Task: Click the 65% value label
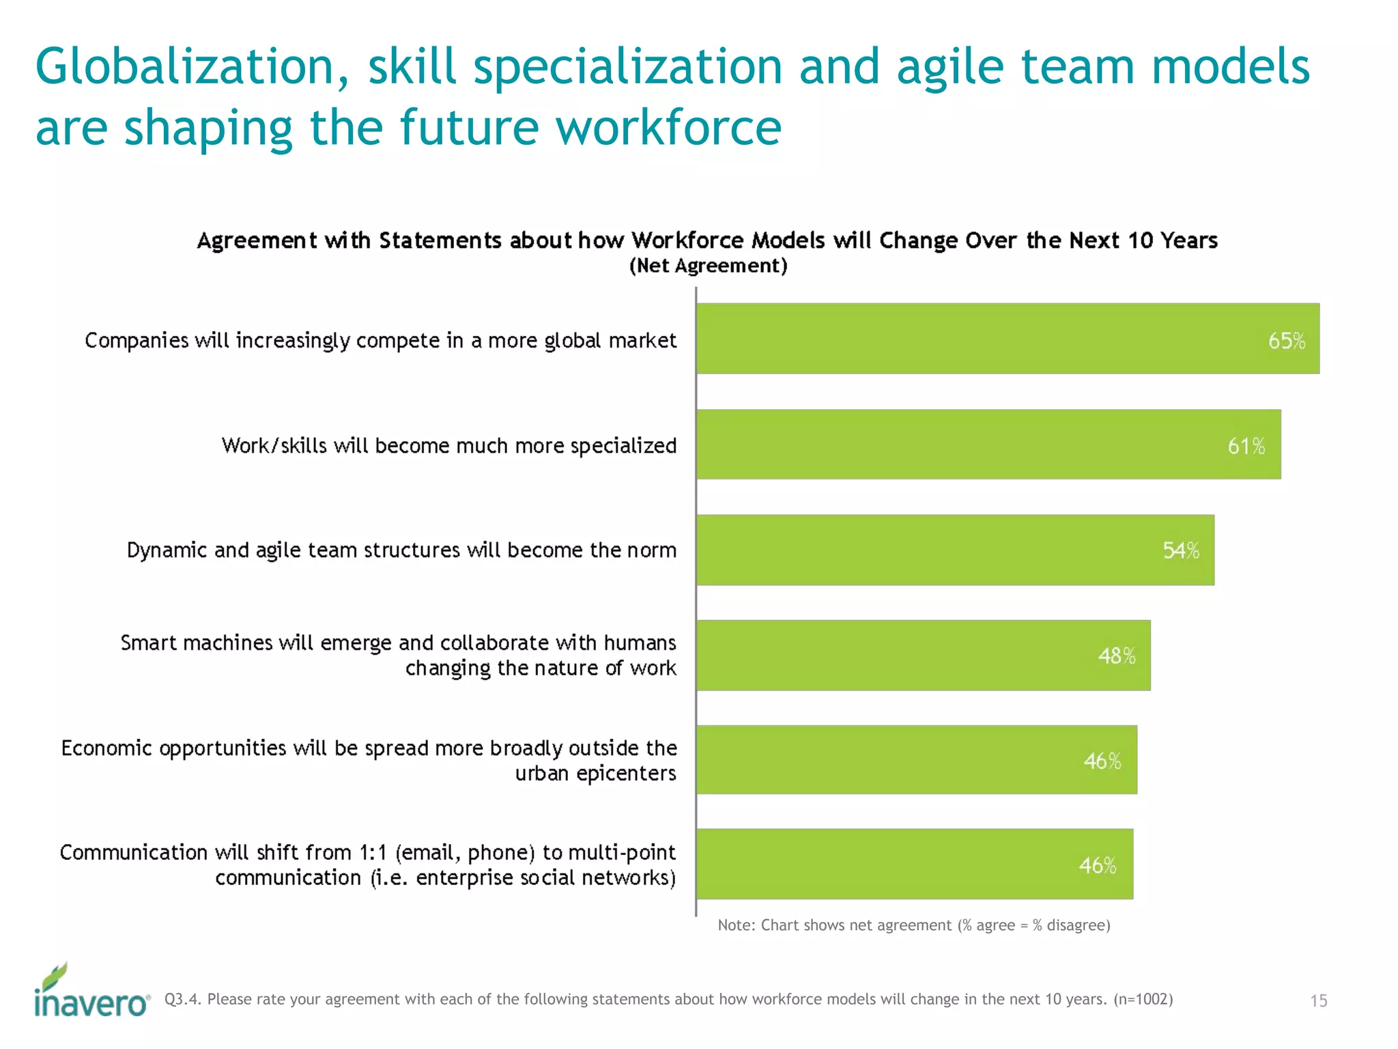(x=1287, y=341)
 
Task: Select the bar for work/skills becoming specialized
(x=988, y=445)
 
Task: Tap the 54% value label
(x=1181, y=550)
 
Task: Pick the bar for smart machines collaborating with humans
(x=923, y=656)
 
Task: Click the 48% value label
(x=1117, y=656)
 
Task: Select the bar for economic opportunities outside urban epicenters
(x=916, y=759)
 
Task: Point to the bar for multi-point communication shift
(x=914, y=864)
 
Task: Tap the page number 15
(x=1318, y=1001)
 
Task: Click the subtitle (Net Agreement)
(x=708, y=266)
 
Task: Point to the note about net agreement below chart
(x=913, y=925)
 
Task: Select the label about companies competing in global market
(x=380, y=341)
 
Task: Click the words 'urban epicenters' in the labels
(x=595, y=774)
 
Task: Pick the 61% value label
(x=1246, y=446)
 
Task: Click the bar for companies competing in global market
(x=1008, y=339)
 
